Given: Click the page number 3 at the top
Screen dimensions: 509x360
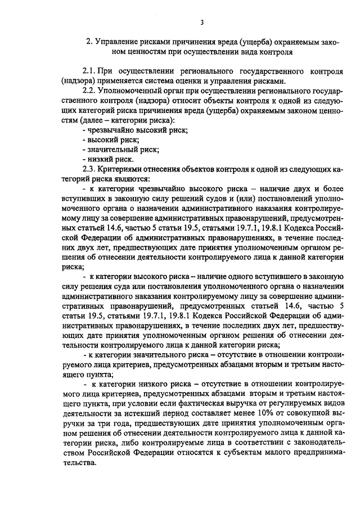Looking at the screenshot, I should coord(201,22).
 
